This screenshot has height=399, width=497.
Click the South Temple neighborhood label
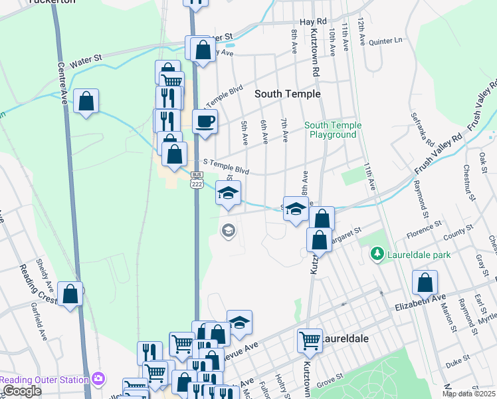click(288, 94)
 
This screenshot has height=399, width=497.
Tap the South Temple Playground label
click(334, 130)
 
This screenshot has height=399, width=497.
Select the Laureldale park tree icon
click(377, 254)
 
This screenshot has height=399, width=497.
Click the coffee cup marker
click(205, 122)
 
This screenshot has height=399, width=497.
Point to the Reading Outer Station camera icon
click(99, 379)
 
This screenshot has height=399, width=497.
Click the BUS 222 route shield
click(196, 180)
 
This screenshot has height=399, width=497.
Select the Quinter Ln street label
click(386, 41)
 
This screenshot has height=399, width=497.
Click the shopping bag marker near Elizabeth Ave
click(425, 283)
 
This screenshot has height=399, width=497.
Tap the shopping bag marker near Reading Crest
click(70, 294)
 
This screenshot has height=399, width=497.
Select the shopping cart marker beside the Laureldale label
click(310, 341)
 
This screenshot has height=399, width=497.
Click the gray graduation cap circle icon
click(228, 231)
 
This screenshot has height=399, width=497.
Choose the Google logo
click(22, 391)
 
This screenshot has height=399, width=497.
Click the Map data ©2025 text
click(468, 394)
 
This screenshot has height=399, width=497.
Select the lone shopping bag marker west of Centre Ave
click(86, 102)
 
